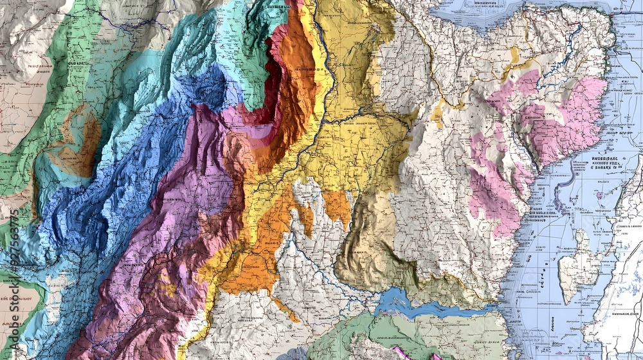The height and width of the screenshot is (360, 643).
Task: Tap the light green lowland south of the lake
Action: [437, 334]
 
